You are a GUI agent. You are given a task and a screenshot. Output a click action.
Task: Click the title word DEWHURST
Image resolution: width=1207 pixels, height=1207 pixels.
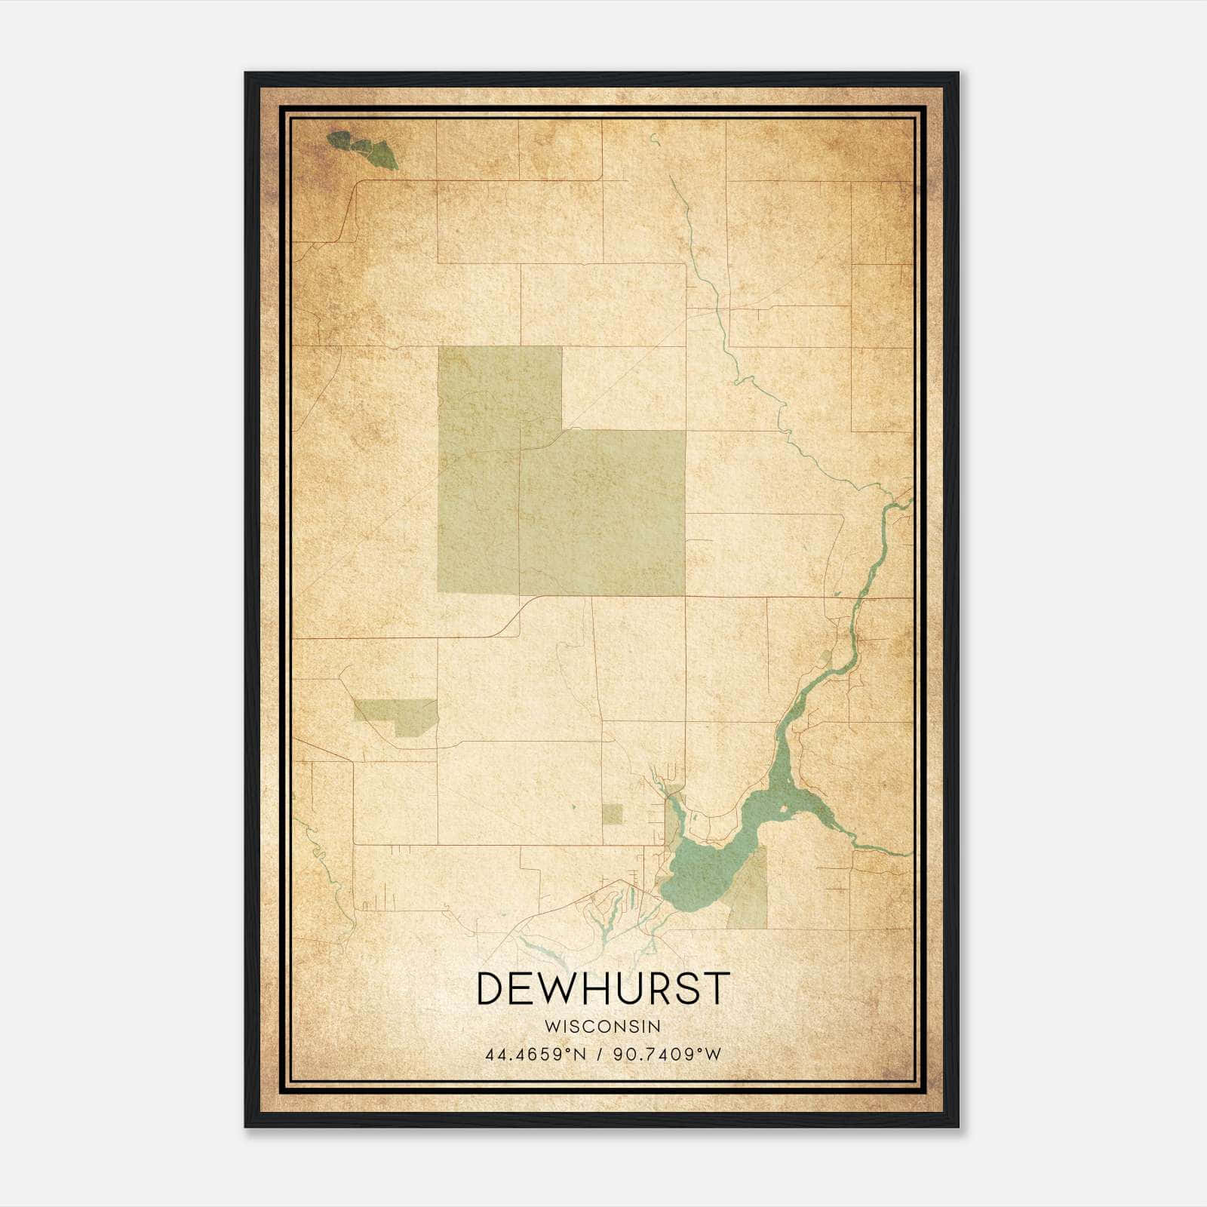603,988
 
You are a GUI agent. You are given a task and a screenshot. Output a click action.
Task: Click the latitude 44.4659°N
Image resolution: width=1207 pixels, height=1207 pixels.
536,1054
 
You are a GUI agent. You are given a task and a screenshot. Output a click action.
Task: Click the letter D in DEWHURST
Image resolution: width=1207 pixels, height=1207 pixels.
491,988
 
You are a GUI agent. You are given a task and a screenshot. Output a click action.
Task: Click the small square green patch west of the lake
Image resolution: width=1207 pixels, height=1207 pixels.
613,814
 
